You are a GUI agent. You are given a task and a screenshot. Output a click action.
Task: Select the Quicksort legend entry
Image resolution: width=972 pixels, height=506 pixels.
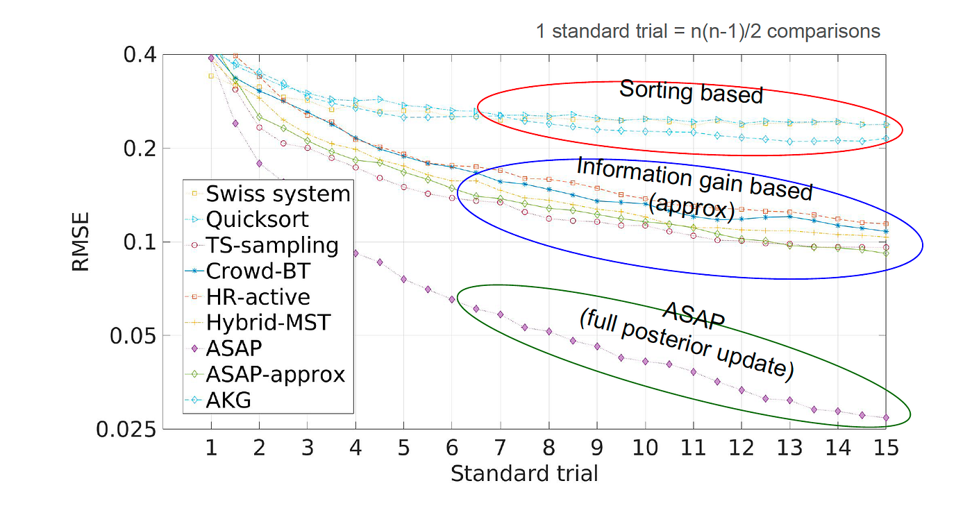(x=257, y=219)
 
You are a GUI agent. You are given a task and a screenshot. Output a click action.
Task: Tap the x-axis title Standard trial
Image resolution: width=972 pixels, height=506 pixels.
(x=524, y=474)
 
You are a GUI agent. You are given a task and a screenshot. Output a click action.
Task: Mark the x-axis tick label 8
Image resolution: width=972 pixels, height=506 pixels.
(x=548, y=448)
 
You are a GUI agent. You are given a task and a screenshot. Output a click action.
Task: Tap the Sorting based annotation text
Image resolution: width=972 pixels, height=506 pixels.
(x=691, y=92)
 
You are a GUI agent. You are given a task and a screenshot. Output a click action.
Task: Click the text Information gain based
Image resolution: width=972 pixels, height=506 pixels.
(x=694, y=177)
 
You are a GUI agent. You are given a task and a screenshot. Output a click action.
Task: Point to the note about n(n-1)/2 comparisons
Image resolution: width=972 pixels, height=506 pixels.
(x=707, y=31)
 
